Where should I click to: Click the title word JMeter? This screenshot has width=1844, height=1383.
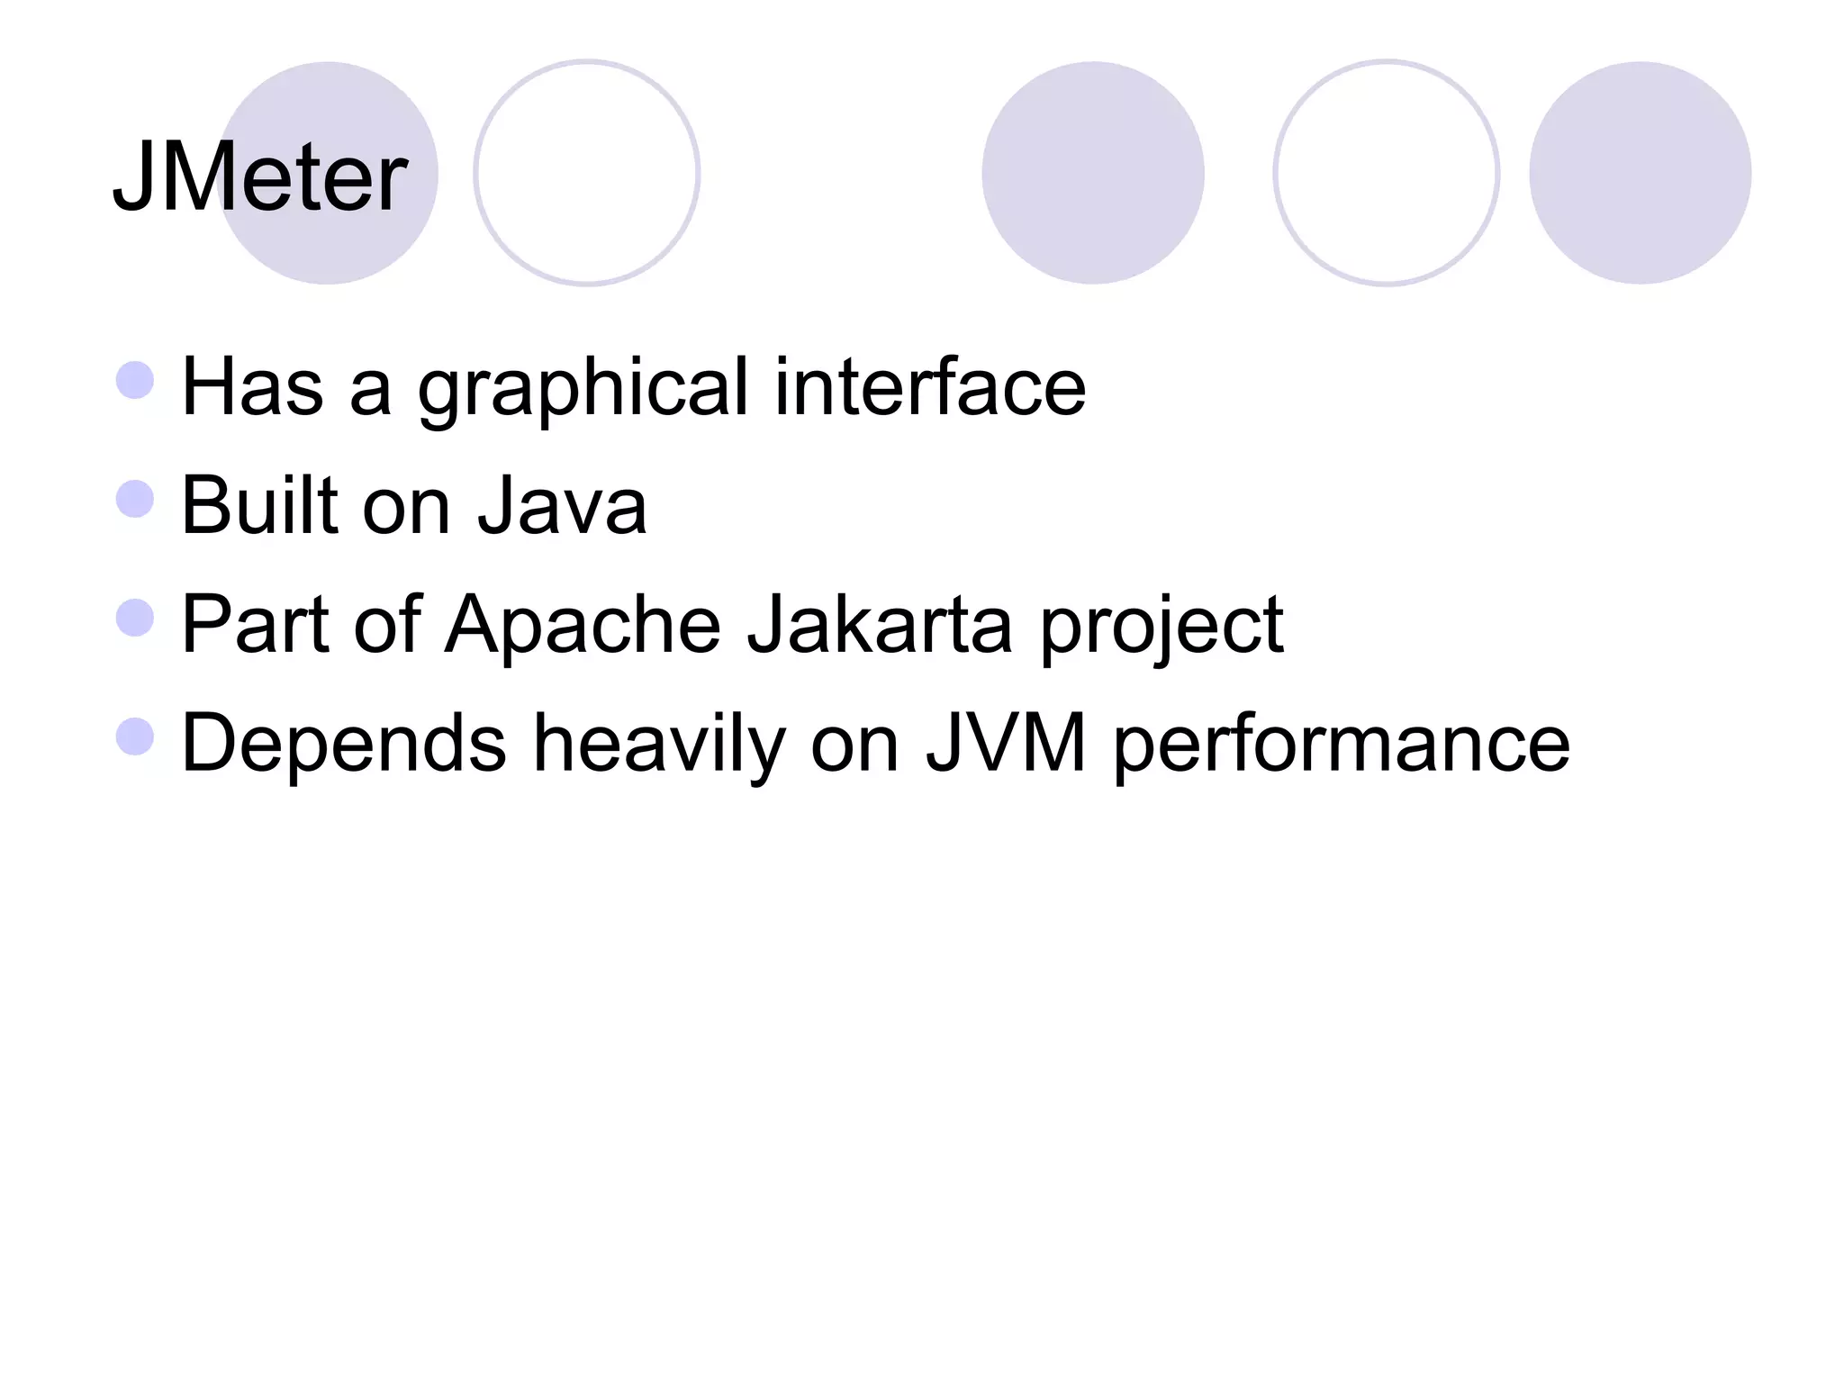click(259, 176)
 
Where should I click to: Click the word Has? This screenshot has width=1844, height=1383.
click(252, 387)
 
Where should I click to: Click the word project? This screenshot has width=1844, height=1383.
click(1162, 627)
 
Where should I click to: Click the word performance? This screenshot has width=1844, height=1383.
click(1342, 745)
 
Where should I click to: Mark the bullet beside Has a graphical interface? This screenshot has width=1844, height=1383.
click(135, 380)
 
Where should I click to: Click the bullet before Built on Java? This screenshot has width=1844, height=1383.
click(135, 499)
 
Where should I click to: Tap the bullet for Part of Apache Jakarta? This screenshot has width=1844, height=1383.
click(135, 618)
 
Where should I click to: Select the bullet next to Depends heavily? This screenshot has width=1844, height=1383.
click(135, 736)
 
